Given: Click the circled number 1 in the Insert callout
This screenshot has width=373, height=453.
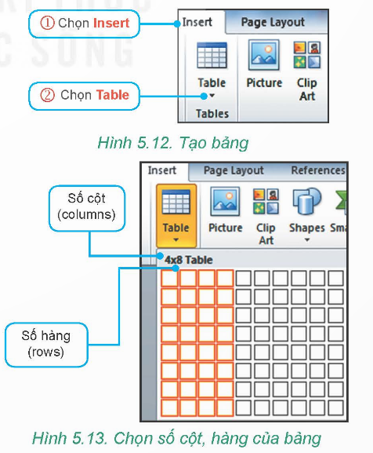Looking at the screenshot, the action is click(x=47, y=23).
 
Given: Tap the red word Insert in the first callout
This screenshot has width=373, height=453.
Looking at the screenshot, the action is click(x=111, y=23).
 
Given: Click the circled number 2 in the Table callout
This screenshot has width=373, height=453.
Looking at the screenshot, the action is click(x=47, y=95).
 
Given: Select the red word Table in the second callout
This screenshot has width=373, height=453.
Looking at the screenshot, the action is click(x=112, y=95).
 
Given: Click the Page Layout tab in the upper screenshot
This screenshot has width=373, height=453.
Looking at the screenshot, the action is click(x=273, y=22).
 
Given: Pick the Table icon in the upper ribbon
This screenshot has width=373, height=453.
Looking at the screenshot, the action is click(x=212, y=56).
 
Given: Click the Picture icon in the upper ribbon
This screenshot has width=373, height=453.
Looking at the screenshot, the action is click(x=264, y=56).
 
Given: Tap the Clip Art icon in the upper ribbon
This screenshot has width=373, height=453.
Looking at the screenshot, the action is click(x=306, y=55).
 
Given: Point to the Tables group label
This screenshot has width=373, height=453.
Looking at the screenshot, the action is click(x=212, y=114).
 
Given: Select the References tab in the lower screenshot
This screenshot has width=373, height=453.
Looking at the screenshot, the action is click(x=318, y=170).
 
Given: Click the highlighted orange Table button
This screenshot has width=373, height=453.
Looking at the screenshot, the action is click(x=176, y=216).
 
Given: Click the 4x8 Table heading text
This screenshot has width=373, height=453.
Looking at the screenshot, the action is click(x=189, y=260).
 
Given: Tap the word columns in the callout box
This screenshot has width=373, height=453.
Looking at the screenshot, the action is click(x=86, y=214).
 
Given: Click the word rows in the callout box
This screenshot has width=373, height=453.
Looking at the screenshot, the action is click(x=45, y=352).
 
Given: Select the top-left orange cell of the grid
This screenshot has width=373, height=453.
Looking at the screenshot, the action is click(x=169, y=279).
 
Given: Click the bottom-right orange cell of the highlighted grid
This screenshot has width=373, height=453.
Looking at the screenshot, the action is click(x=225, y=408).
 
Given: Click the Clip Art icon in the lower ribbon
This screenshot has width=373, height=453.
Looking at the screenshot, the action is click(x=266, y=201).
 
